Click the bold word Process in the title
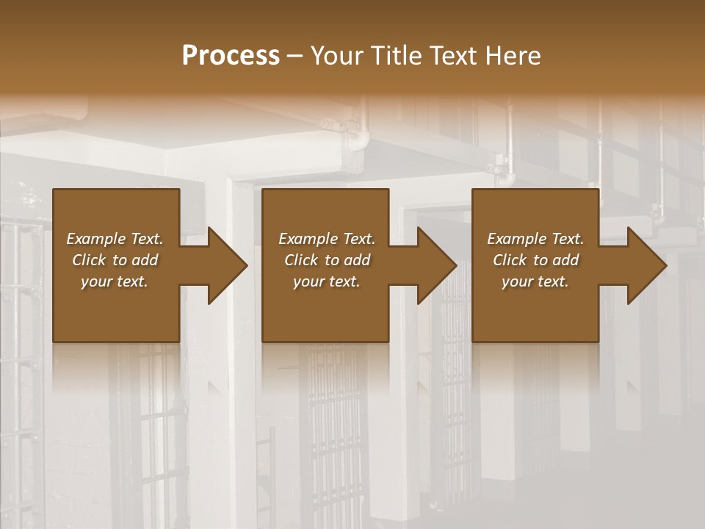coord(231,56)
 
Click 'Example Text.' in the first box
coord(115,239)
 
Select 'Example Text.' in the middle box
coord(326,239)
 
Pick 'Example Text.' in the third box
coord(535,239)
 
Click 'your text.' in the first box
coord(115,281)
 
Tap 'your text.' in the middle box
coord(326,281)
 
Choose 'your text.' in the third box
coord(535,281)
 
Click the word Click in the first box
coord(90,260)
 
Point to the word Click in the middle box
coord(301,260)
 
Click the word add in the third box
coord(566,260)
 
